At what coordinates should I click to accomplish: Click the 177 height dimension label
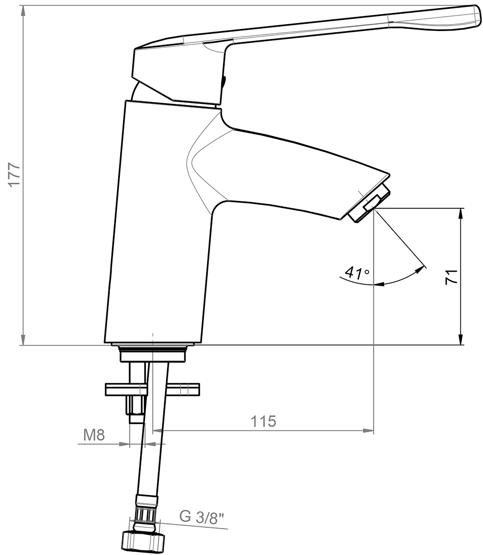click(14, 175)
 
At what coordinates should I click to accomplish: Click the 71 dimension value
click(451, 277)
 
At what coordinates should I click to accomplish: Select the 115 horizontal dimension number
click(263, 421)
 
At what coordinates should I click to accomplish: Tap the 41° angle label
click(356, 273)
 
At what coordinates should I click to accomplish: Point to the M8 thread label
click(94, 435)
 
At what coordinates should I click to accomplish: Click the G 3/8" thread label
click(202, 517)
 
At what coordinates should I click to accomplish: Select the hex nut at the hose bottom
click(143, 540)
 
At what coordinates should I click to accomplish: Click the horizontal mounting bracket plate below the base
click(153, 389)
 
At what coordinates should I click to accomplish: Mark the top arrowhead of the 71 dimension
click(461, 213)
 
